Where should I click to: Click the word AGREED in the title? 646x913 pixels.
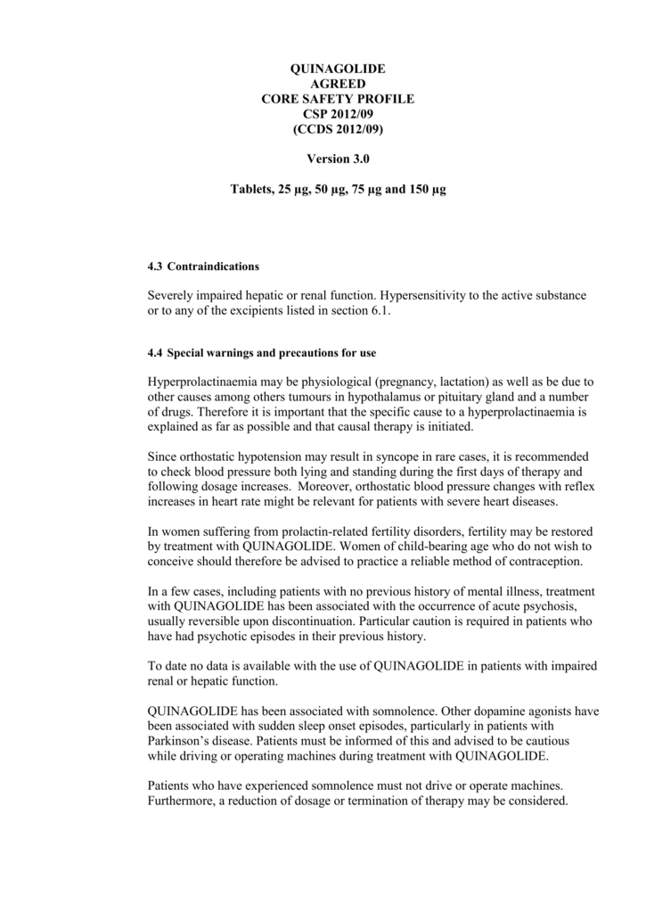pos(338,84)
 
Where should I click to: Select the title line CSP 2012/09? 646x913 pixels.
pos(337,114)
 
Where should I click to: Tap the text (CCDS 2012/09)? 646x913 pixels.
pos(338,129)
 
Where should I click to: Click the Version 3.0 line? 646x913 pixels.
pos(338,160)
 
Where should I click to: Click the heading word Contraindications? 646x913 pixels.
pos(213,267)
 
